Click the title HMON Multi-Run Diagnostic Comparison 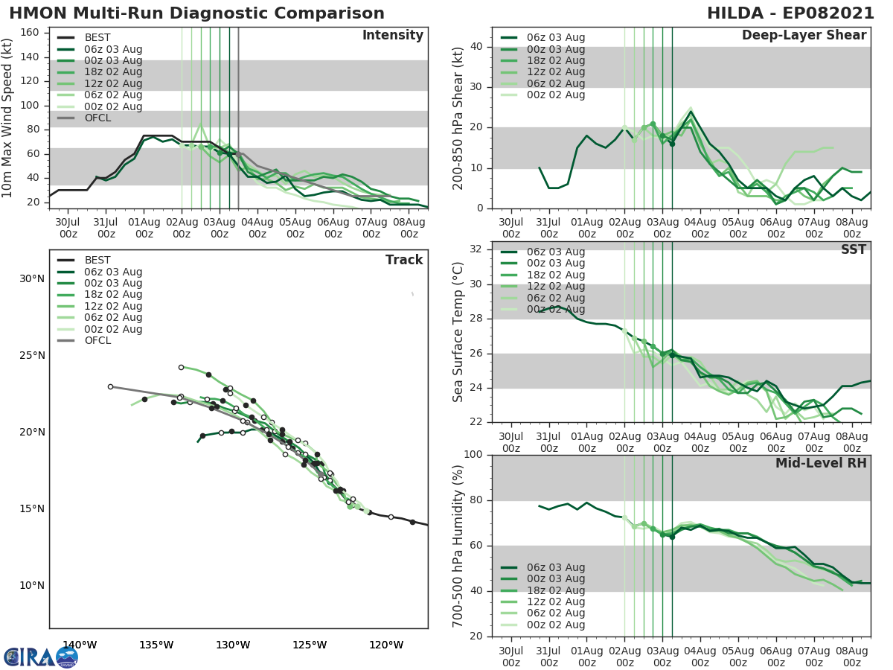click(196, 13)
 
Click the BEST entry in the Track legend click(97, 261)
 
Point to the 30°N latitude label click(31, 279)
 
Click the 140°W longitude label click(80, 645)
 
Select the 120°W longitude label click(386, 645)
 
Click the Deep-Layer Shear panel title click(804, 36)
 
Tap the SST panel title click(853, 250)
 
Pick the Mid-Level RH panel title click(821, 464)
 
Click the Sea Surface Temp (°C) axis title click(458, 332)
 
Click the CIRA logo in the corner click(40, 656)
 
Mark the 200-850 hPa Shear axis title click(458, 118)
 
